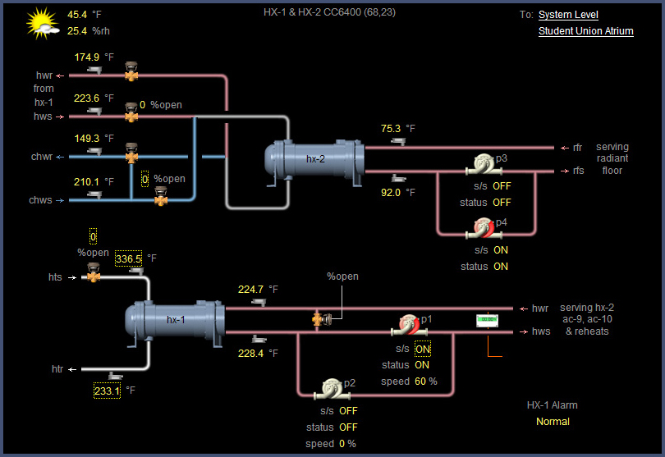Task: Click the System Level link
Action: coord(568,15)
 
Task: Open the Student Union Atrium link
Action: coord(585,31)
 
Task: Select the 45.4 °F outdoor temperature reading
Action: coord(78,14)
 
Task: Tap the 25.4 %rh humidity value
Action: coord(77,31)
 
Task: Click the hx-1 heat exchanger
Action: coord(175,320)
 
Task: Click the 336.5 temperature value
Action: coord(128,258)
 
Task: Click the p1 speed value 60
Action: coord(420,382)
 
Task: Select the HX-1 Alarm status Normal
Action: coord(552,422)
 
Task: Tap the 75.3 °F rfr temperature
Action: coord(390,129)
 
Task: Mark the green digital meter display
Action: coord(488,319)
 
